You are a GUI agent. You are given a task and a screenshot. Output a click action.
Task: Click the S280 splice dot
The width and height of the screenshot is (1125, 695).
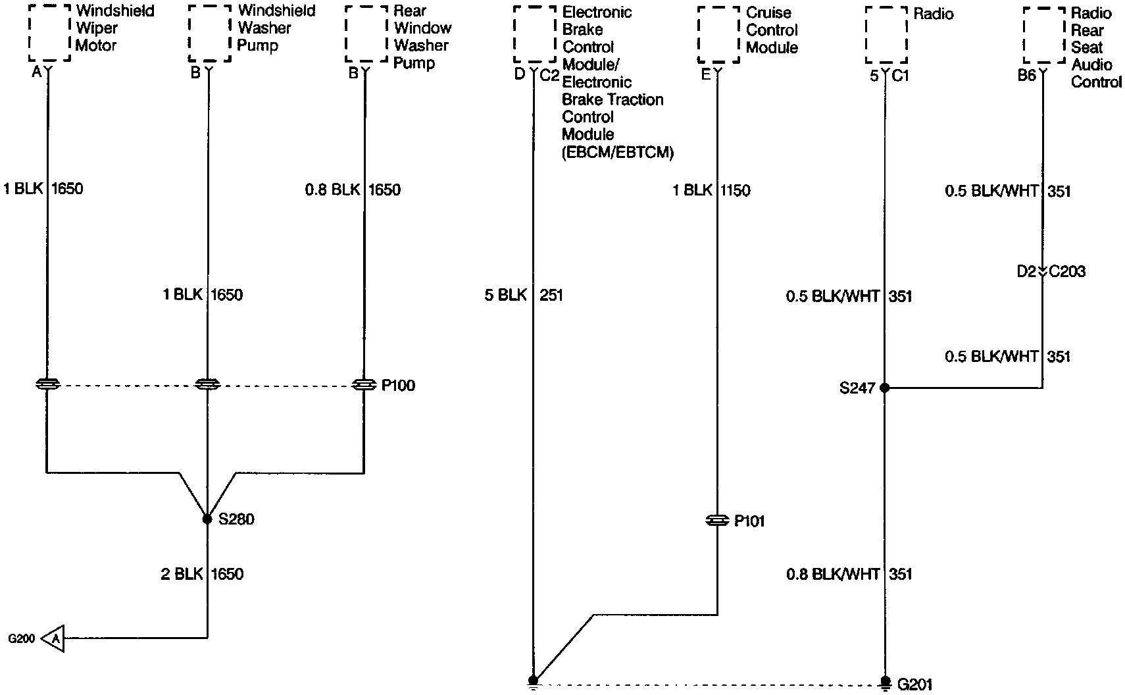(x=207, y=519)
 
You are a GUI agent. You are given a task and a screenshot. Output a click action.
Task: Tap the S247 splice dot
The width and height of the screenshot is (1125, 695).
(x=885, y=388)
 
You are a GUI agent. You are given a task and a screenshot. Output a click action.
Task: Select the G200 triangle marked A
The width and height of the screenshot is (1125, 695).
(x=55, y=638)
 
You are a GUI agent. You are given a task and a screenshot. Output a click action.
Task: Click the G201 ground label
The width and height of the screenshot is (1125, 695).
(x=915, y=685)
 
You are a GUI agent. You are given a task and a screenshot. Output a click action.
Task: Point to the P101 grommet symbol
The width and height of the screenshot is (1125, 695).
(x=716, y=521)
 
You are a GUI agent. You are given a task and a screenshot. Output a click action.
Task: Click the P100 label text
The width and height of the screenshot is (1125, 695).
(x=398, y=386)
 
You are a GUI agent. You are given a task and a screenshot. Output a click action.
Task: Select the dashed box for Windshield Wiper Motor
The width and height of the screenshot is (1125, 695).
(x=49, y=33)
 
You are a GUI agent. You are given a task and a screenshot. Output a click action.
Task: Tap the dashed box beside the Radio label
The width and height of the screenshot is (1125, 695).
(x=886, y=35)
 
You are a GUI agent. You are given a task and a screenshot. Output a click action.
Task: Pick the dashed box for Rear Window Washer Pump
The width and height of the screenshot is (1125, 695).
(x=366, y=34)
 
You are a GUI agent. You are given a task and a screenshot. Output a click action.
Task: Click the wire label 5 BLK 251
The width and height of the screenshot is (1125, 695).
(x=524, y=296)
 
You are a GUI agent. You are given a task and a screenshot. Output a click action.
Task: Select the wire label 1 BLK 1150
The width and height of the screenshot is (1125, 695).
(x=711, y=191)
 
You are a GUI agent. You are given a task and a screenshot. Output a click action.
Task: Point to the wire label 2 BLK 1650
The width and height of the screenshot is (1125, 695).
(x=202, y=575)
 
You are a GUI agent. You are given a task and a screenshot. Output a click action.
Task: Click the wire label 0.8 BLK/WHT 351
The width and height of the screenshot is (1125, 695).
(x=849, y=575)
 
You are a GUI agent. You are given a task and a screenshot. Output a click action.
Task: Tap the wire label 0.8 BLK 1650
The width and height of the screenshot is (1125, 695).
(x=353, y=190)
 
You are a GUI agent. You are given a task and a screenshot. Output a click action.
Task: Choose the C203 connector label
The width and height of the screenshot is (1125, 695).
(x=1067, y=272)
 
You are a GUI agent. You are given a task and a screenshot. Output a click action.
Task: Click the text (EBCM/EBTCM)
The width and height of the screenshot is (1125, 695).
(x=618, y=153)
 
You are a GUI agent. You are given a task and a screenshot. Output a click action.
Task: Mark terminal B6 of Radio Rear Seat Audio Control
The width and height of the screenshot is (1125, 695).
(x=1027, y=76)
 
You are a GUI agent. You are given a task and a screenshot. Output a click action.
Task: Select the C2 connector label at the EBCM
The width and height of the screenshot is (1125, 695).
(x=549, y=75)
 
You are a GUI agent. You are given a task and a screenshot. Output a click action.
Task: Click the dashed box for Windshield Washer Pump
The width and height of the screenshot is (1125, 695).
(x=209, y=33)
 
